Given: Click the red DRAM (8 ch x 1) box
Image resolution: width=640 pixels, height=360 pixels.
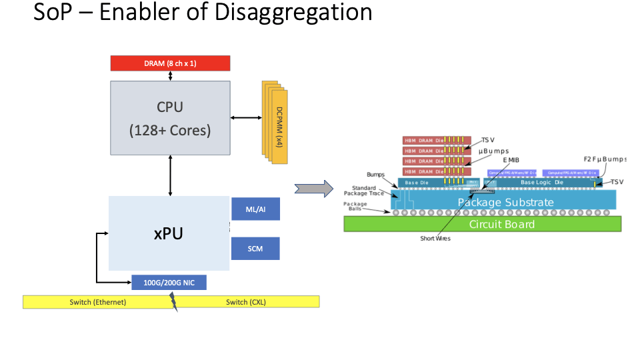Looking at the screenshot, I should pos(170,63).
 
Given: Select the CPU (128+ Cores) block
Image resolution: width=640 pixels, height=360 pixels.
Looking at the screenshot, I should pos(170,118).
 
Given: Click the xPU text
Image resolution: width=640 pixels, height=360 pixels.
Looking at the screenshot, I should pos(169,233).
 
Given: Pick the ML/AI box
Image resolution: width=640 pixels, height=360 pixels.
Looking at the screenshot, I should pos(255,209).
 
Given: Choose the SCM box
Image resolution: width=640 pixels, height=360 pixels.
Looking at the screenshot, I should pos(255,249).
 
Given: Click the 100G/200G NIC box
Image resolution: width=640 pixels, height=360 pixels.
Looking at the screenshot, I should pos(169,283).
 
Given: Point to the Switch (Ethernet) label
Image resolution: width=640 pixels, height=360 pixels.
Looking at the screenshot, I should pos(98,302).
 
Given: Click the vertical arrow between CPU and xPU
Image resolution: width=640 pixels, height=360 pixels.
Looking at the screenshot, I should pos(171,175).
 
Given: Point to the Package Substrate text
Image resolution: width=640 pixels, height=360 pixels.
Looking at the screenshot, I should pos(505,202).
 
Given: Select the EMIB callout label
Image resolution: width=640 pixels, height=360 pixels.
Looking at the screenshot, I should pos(511,161).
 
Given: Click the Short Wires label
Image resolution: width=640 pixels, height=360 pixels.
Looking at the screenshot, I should pos(435,239).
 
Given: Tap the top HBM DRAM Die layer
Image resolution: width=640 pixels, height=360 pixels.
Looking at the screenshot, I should pos(424,140).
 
